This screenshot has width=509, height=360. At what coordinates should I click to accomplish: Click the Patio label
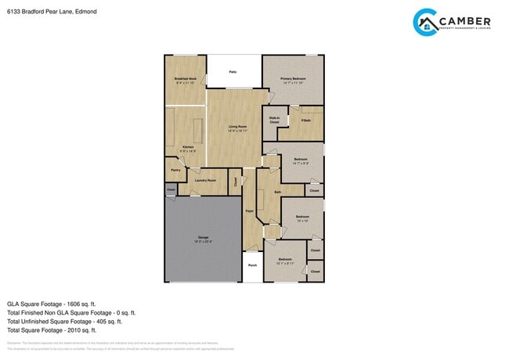[x=233, y=71]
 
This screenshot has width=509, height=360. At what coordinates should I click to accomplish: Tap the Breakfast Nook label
[x=185, y=80]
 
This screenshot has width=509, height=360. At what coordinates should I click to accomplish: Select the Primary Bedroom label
[x=293, y=80]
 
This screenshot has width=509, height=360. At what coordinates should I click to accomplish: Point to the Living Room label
[x=237, y=128]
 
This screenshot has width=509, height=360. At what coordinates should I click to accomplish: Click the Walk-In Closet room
[x=274, y=121]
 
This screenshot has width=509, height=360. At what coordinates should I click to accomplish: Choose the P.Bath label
[x=305, y=121]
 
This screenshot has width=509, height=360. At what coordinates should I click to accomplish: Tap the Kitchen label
[x=188, y=148]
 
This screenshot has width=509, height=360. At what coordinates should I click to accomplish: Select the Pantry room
[x=175, y=170]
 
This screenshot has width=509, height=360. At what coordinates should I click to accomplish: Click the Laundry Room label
[x=205, y=181]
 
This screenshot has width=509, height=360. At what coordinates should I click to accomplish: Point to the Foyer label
[x=249, y=211]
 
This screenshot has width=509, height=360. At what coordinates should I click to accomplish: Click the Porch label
[x=252, y=265]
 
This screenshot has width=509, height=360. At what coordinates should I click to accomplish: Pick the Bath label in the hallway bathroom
[x=277, y=192]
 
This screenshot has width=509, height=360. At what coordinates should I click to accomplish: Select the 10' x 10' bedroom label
[x=302, y=218]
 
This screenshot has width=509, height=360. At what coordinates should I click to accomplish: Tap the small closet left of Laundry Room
[x=171, y=189]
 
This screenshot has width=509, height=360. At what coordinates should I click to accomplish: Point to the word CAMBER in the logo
[x=465, y=20]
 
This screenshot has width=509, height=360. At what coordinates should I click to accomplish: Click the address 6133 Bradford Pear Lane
[x=35, y=12]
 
